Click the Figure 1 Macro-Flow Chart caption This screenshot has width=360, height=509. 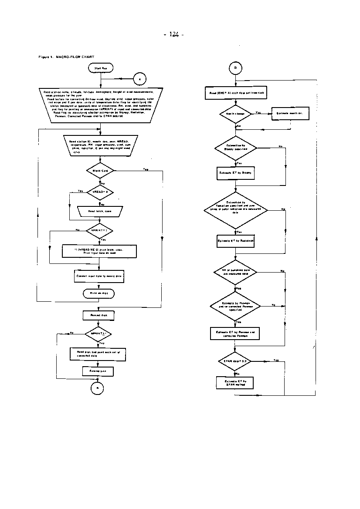click(66, 57)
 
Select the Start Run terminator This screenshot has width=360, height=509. click(101, 68)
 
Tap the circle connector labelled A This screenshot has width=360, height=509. click(139, 79)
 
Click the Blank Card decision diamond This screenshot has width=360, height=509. click(100, 170)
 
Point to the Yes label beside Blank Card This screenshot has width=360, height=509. click(145, 169)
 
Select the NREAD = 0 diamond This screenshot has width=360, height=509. click(100, 191)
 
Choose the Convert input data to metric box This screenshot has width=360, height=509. click(99, 276)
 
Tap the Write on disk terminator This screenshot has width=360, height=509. click(99, 294)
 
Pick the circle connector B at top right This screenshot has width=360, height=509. click(235, 68)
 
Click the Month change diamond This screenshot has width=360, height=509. click(235, 114)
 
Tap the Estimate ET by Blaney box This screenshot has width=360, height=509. click(235, 172)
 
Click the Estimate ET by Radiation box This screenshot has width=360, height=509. click(235, 240)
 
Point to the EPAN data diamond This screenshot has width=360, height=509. click(235, 361)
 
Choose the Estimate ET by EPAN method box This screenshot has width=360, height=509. click(235, 382)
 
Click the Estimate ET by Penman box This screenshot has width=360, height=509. click(235, 333)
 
